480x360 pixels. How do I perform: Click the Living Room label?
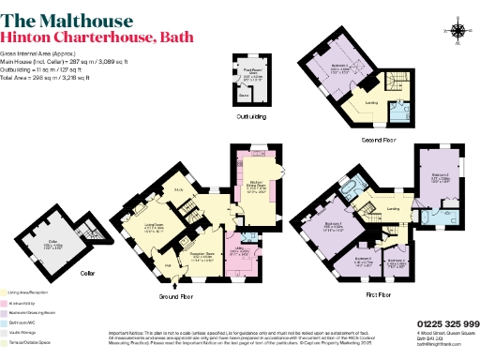[x=154, y=225]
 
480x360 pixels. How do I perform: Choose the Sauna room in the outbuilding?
[x=244, y=96]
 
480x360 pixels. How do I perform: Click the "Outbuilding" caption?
[x=249, y=117]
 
